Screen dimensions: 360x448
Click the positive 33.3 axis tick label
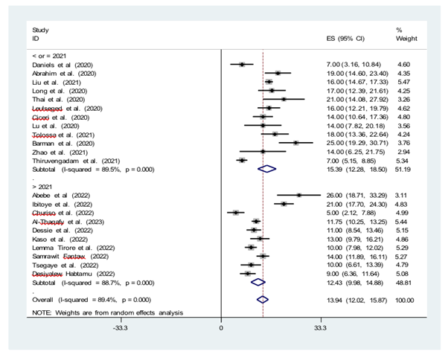(321, 327)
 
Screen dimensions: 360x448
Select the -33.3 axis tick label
(120, 327)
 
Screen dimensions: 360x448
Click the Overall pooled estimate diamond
(262, 300)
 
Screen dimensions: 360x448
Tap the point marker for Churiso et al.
(236, 213)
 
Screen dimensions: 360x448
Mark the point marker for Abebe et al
(299, 195)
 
